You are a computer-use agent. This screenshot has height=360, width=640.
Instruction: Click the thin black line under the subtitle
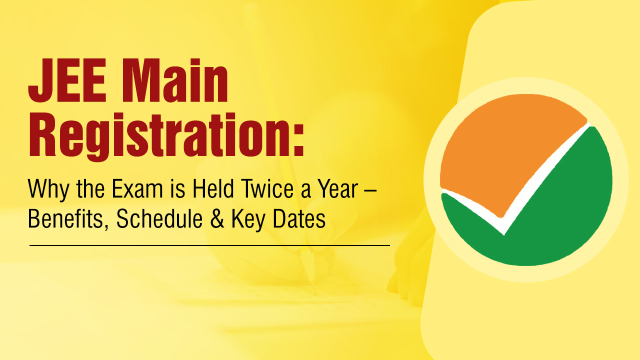point(209,245)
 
